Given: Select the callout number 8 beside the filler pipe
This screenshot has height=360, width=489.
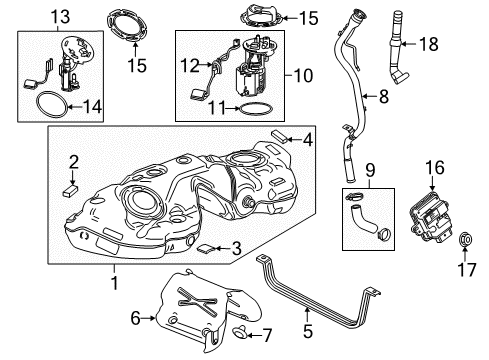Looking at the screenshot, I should point(382,96).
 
